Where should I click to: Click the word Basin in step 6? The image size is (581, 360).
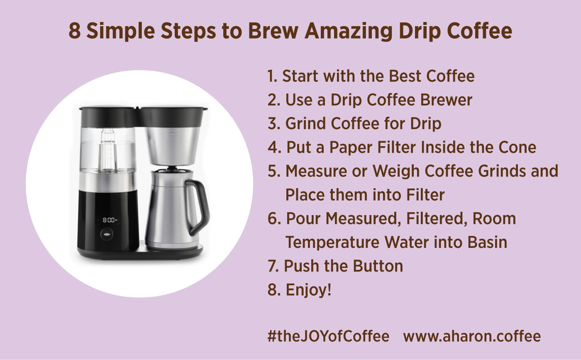coord(488,242)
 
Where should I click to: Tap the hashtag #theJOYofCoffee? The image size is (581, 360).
coord(328,336)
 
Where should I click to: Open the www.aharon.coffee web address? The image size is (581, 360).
coord(472,336)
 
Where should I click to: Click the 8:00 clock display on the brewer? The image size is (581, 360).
coord(109,220)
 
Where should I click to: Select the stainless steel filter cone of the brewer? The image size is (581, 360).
coord(172,145)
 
